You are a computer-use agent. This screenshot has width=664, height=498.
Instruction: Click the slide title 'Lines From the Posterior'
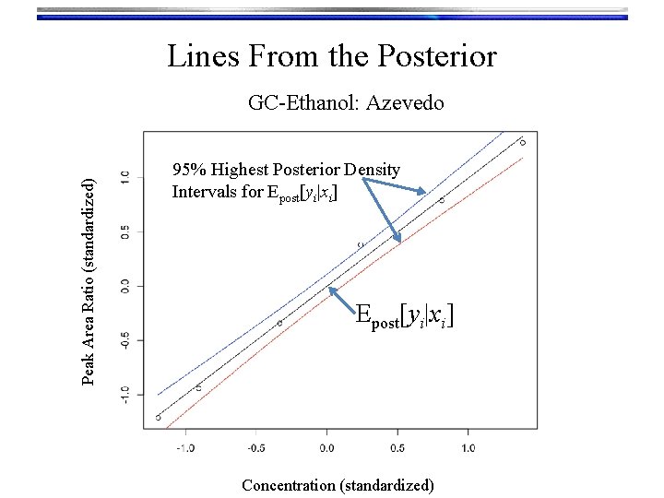(x=332, y=56)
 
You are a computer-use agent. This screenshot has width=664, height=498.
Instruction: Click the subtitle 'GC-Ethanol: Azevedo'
(x=346, y=102)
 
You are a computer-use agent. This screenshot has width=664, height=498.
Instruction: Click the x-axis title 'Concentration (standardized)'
(x=337, y=484)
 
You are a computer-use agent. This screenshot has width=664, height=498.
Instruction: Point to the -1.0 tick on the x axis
(x=185, y=448)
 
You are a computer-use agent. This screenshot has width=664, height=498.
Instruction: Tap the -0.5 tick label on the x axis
(x=255, y=448)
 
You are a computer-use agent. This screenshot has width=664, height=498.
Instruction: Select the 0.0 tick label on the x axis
(x=326, y=448)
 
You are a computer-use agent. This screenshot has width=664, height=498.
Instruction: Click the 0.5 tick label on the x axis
(x=397, y=448)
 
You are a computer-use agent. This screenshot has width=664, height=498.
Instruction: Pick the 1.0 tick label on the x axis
(x=467, y=448)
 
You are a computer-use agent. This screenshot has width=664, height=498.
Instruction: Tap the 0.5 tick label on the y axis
(x=125, y=232)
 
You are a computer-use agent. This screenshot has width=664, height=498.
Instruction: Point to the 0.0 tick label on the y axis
(x=125, y=286)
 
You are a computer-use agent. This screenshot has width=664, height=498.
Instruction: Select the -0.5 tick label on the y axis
(x=125, y=339)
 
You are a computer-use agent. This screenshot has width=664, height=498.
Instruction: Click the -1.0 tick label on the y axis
(x=125, y=394)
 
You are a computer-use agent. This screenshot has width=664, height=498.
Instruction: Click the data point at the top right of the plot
(x=523, y=142)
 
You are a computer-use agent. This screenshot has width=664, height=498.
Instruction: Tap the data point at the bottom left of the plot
(x=158, y=417)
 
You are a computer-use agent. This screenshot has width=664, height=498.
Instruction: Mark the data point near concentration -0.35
(x=279, y=323)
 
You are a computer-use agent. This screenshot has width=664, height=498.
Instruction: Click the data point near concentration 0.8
(x=442, y=199)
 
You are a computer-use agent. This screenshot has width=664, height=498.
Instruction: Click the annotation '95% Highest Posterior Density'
(x=286, y=170)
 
